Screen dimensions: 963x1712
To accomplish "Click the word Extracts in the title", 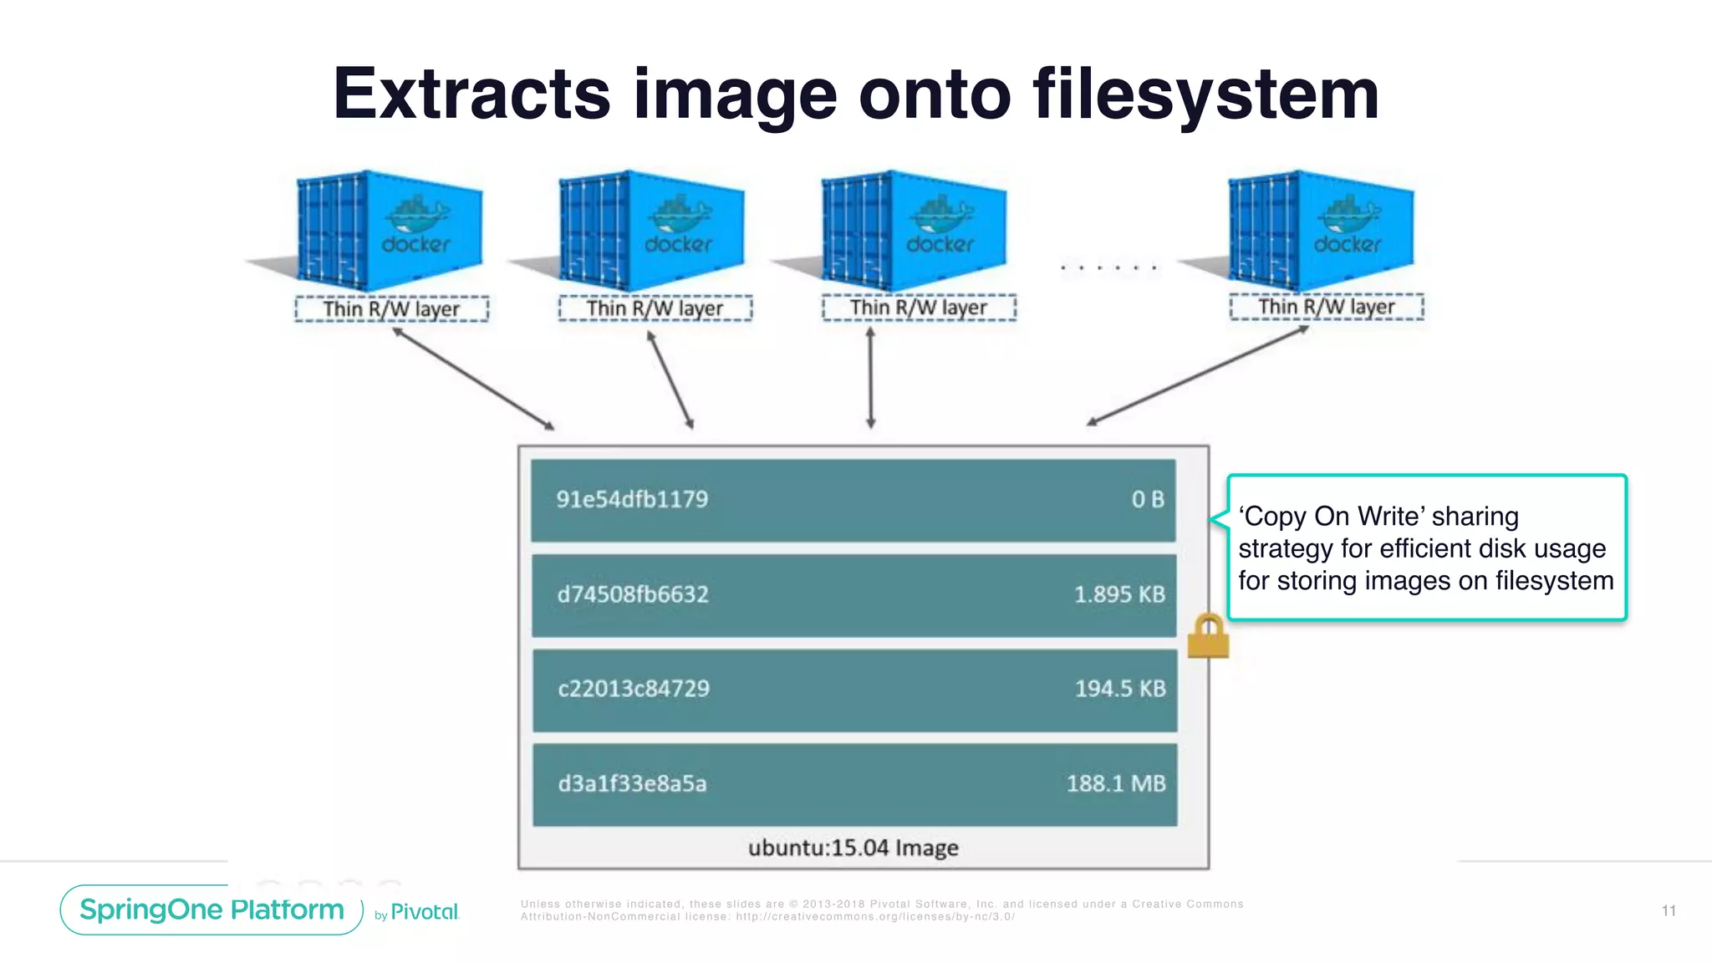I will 471,94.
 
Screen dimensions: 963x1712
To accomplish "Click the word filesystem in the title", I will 1205,94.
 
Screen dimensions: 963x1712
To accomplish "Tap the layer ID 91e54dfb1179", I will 632,499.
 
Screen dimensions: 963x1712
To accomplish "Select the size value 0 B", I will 1147,499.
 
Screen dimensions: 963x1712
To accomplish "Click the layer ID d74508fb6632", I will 633,594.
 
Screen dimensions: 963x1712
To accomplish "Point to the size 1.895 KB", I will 1118,594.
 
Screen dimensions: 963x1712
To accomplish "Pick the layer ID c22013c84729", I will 633,689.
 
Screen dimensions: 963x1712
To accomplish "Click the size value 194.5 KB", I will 1119,689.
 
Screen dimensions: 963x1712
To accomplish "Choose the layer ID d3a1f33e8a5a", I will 632,784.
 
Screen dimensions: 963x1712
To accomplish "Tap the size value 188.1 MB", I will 1115,784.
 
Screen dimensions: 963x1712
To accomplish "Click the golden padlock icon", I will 1208,637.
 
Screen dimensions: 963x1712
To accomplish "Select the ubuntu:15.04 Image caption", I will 853,848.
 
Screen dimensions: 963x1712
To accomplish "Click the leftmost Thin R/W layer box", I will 391,309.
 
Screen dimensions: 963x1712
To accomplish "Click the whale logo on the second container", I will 679,216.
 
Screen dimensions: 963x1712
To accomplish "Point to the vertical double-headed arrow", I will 870,378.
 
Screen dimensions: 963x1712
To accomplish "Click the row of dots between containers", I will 1108,268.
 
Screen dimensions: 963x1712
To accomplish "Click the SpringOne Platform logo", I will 211,909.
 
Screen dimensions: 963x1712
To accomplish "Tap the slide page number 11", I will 1668,910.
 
